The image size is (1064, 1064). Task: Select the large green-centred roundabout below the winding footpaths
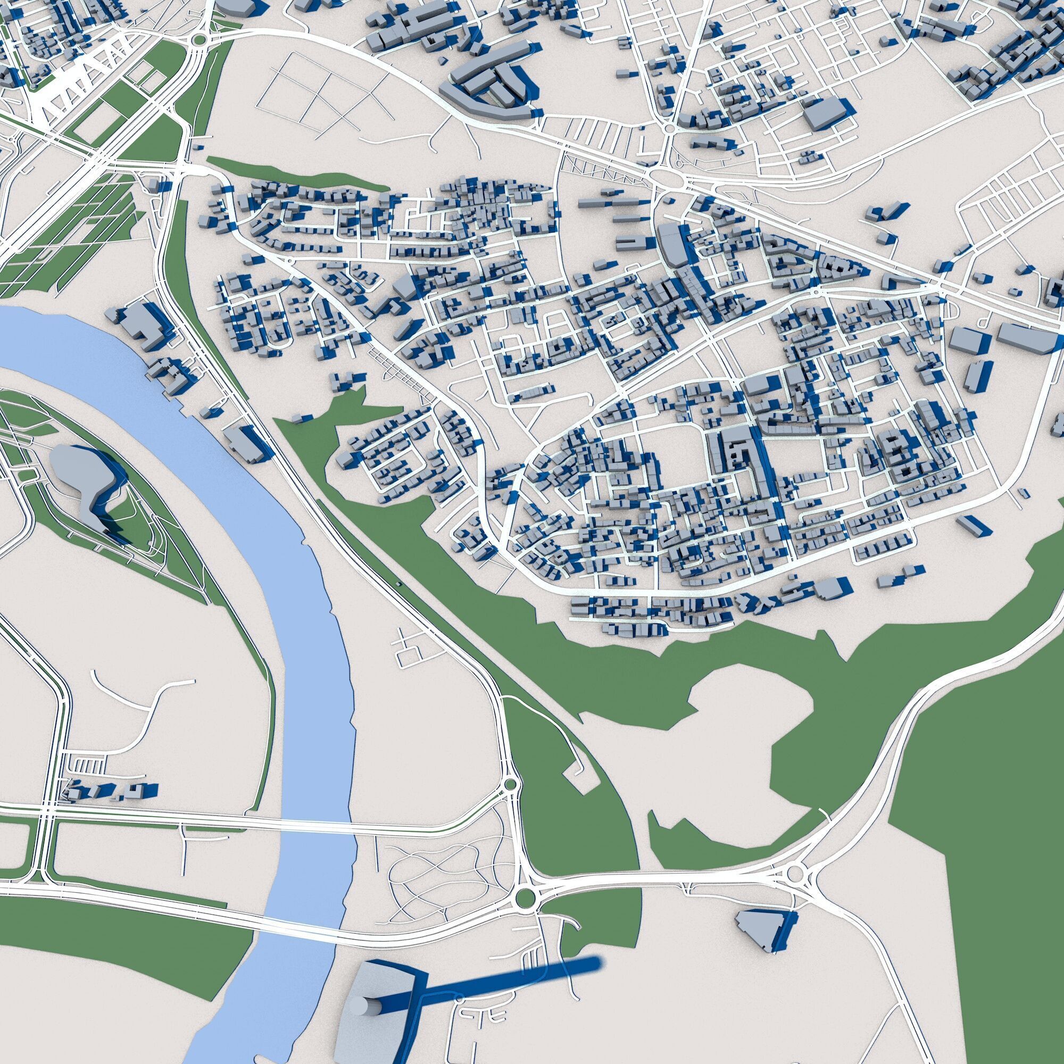pos(526,898)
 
